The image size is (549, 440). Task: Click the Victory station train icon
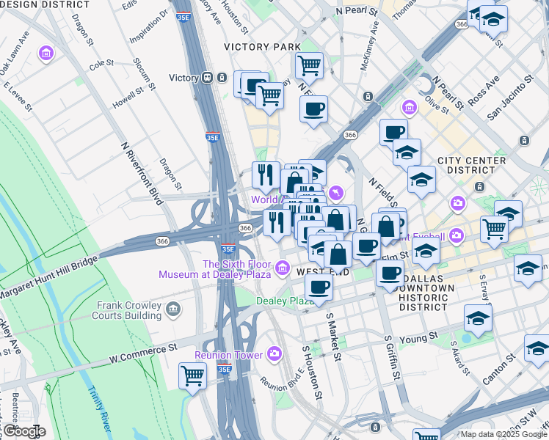click(208, 78)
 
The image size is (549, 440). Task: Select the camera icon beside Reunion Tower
click(274, 354)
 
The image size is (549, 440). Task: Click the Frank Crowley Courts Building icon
click(173, 309)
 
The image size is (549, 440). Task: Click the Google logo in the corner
click(24, 431)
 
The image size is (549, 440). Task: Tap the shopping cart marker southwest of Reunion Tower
click(192, 375)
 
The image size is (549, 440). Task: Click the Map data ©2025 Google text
click(503, 434)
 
